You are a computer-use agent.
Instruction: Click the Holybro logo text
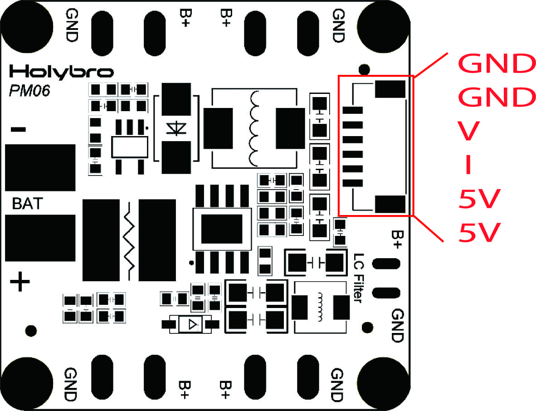pos(61,72)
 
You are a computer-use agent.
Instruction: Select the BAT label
pos(26,204)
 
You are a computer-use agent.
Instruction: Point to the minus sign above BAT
pos(18,130)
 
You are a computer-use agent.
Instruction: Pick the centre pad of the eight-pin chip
pos(222,229)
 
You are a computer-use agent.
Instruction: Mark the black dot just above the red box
pos(363,69)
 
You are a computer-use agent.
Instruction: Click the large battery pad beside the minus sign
pos(40,167)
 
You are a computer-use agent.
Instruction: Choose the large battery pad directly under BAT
pos(40,238)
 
